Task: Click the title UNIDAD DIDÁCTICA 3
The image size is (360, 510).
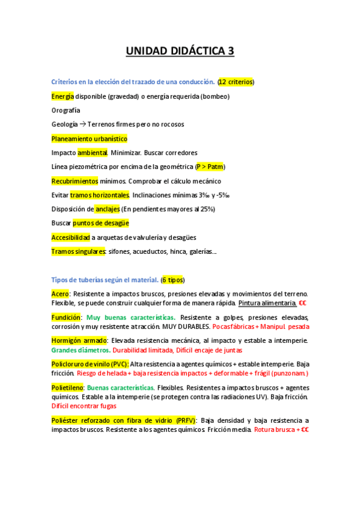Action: click(x=180, y=52)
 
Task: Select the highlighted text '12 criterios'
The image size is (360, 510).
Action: click(x=236, y=82)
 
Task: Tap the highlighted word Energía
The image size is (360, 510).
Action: click(x=63, y=96)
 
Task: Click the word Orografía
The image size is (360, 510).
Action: click(x=66, y=110)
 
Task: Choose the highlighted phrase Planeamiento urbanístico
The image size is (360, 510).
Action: click(x=89, y=138)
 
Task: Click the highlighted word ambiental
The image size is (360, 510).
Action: click(x=93, y=153)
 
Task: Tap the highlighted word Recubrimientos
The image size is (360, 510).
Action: click(x=75, y=181)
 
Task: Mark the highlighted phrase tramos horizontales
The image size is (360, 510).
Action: click(x=100, y=195)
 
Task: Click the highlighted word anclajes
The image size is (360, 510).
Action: click(x=108, y=209)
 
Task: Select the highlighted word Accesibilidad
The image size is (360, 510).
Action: click(x=70, y=238)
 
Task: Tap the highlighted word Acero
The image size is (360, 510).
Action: click(x=61, y=293)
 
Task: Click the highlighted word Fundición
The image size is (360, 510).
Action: click(x=66, y=317)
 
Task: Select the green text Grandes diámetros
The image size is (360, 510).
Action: click(x=81, y=349)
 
